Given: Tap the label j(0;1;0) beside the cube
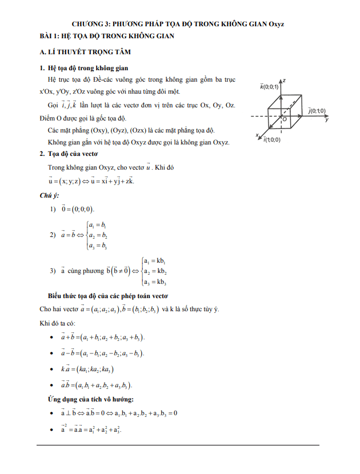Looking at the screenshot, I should tap(317, 110).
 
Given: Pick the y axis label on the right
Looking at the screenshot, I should tap(326, 120).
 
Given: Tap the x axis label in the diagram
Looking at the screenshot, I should tap(258, 135).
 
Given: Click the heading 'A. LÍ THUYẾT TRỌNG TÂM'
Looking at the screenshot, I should tap(85, 52).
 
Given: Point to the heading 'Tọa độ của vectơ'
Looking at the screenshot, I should tap(73, 154).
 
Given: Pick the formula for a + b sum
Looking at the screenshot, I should tap(103, 338).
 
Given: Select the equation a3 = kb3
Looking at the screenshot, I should tap(155, 282).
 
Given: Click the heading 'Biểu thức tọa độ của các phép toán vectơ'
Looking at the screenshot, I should tap(108, 296).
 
